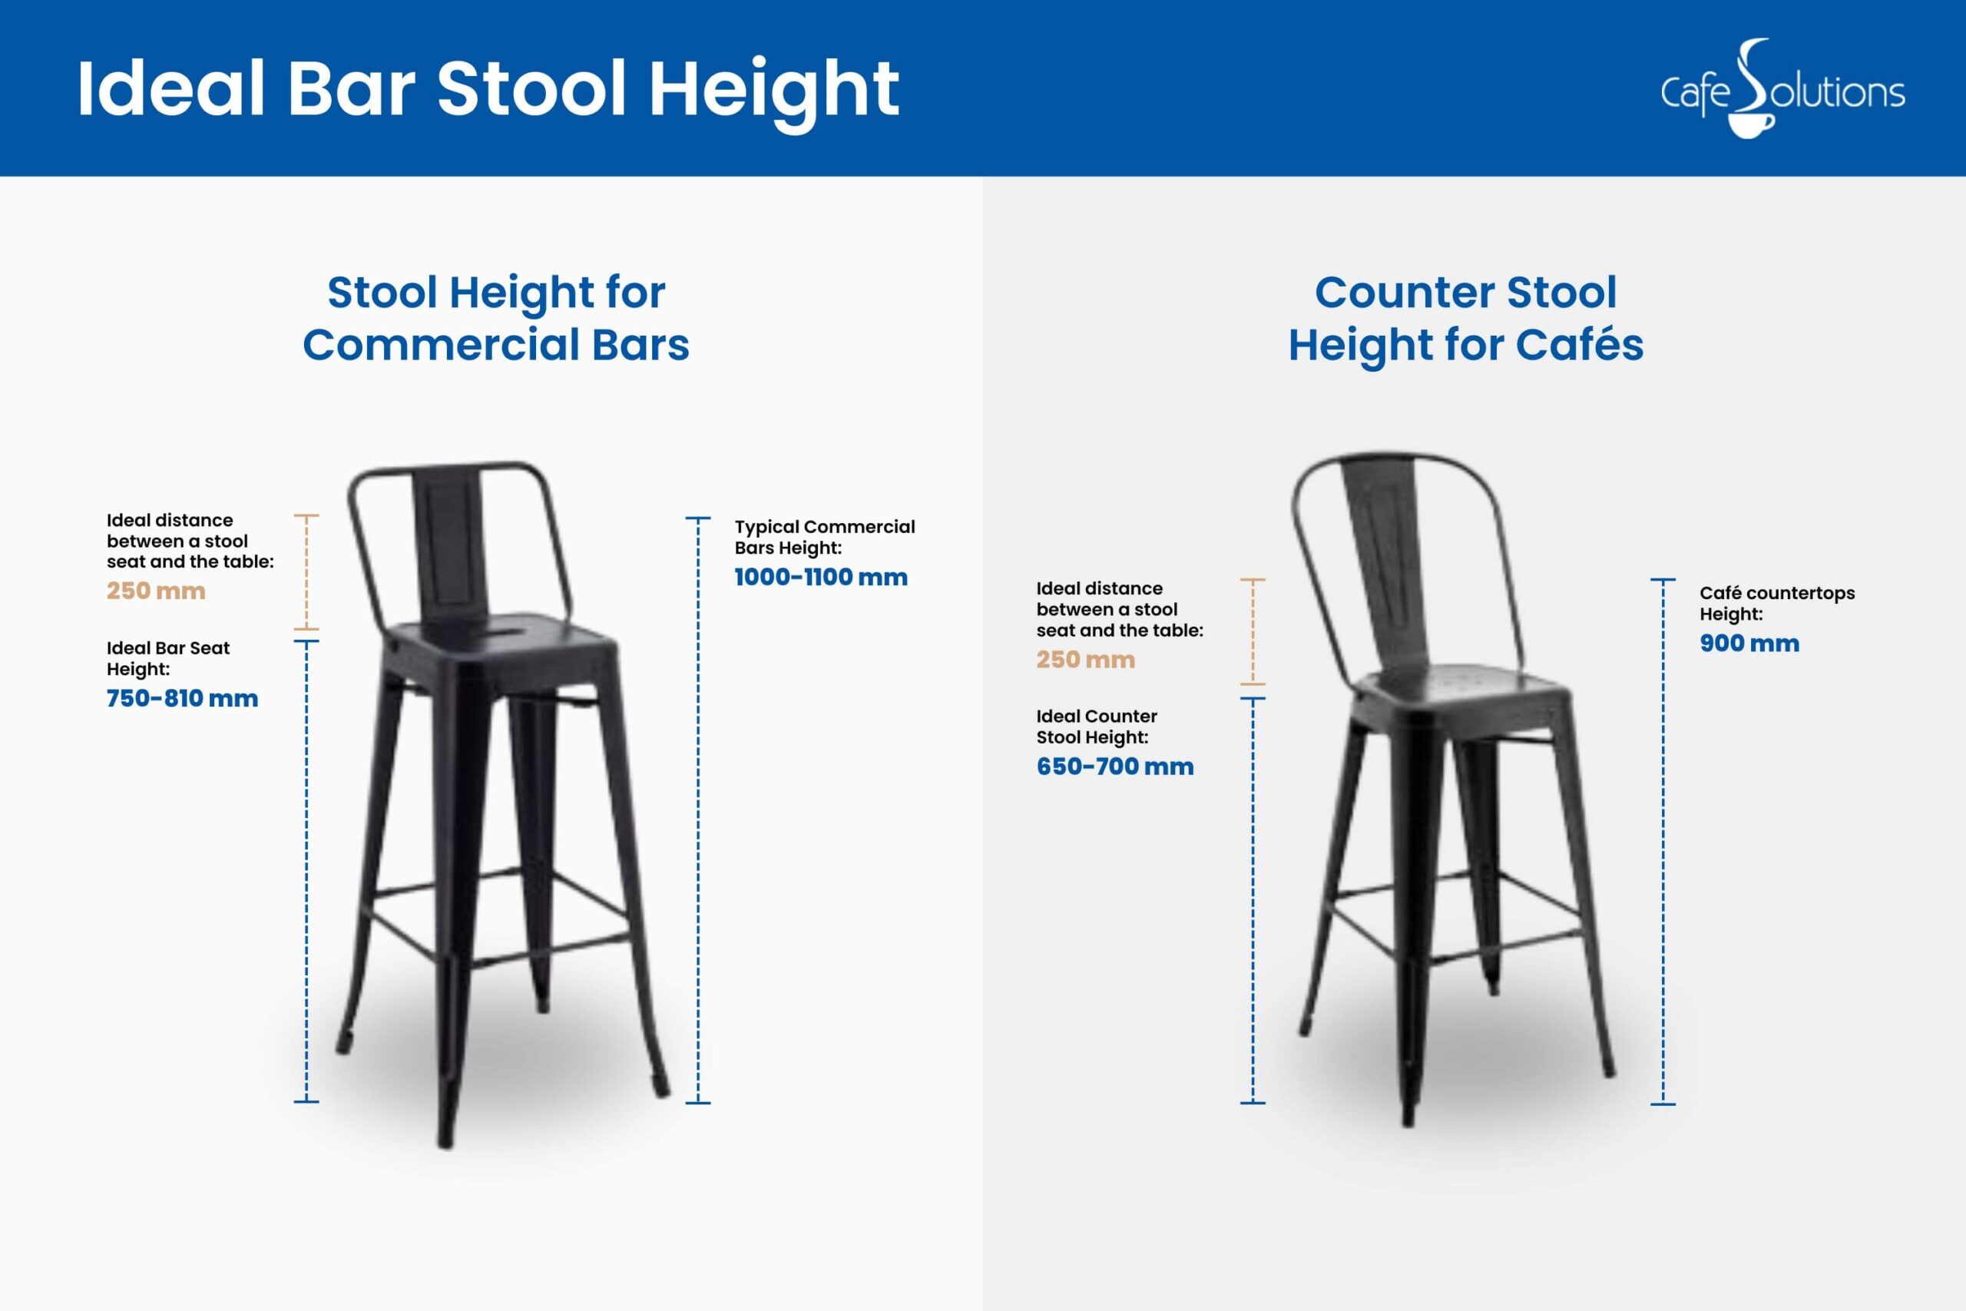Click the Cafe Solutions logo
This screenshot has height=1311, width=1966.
(1782, 88)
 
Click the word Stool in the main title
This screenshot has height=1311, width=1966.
(531, 88)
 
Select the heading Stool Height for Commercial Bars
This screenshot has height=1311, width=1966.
(495, 319)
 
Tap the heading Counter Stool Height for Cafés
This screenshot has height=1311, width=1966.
(1465, 319)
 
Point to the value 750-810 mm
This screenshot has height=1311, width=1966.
(182, 698)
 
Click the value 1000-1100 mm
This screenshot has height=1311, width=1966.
(821, 577)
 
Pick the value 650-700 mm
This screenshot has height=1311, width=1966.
(1115, 766)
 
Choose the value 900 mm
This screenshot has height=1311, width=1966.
(1749, 643)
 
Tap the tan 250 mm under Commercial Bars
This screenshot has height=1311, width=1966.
(155, 591)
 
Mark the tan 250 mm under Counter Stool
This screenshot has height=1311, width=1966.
(1086, 659)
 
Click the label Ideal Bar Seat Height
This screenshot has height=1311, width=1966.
(168, 658)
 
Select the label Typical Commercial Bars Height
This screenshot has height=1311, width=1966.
(824, 537)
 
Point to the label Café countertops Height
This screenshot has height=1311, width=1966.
(1777, 603)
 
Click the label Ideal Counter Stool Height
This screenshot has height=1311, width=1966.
(1097, 727)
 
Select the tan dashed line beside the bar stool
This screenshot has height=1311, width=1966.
(306, 572)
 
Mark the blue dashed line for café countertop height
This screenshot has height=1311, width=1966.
(1663, 840)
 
